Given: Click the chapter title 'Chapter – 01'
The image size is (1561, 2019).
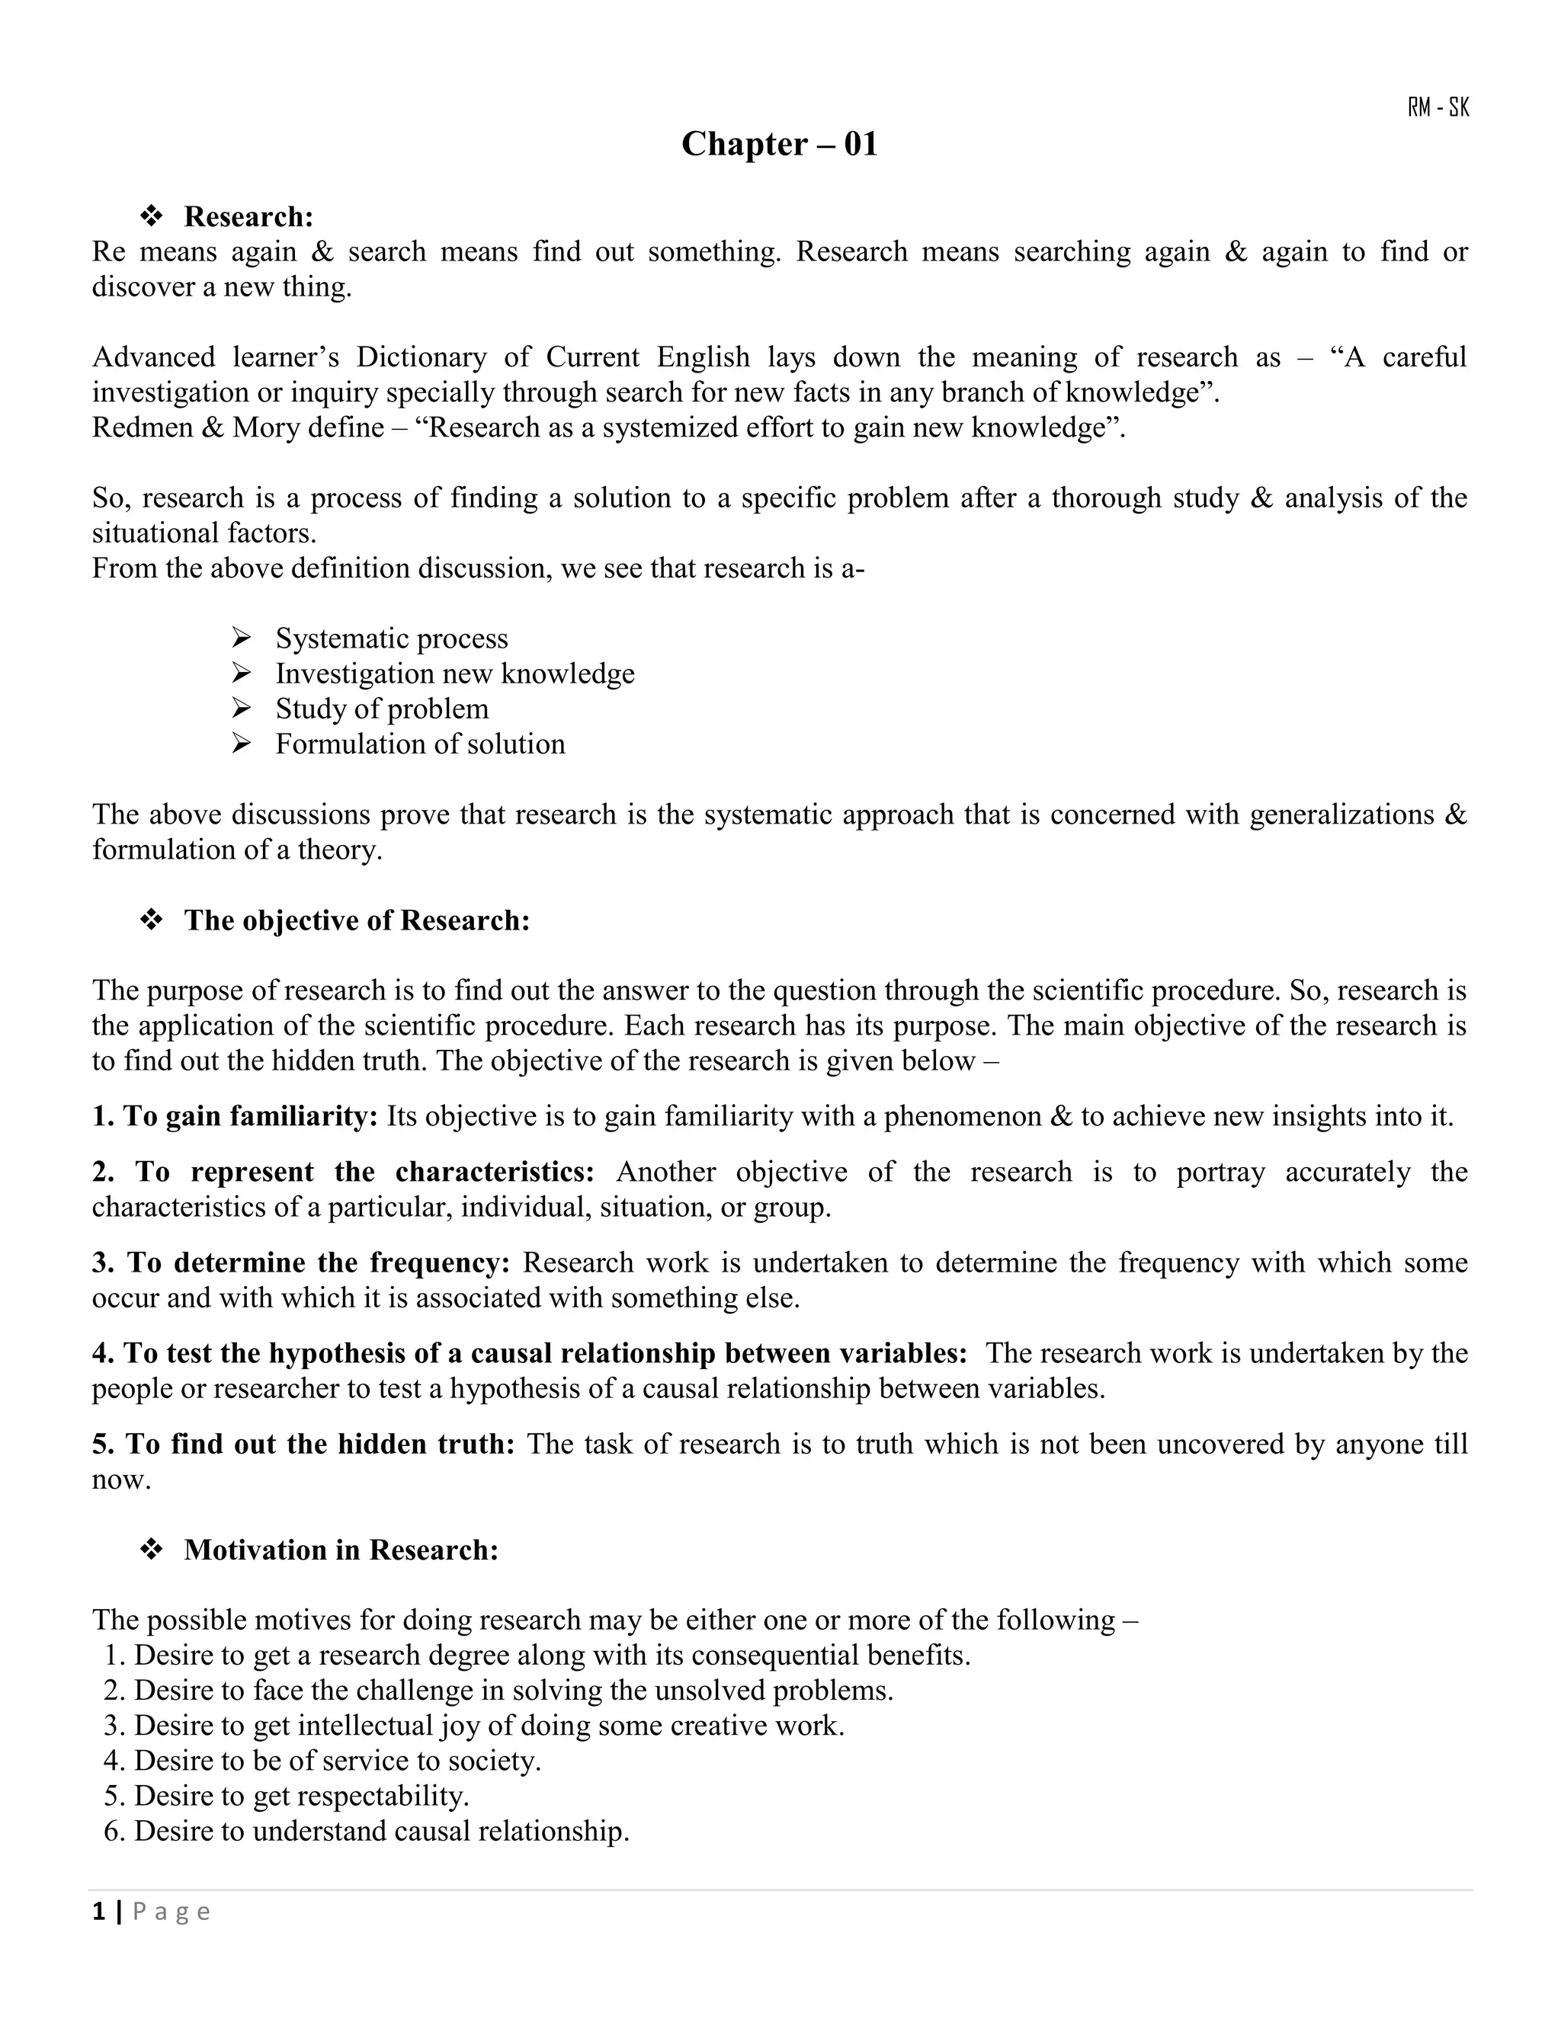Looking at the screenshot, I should coord(779,144).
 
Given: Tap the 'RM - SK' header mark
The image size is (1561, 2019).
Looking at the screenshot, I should coord(1438,108).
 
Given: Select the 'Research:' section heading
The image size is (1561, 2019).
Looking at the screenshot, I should coord(248,216).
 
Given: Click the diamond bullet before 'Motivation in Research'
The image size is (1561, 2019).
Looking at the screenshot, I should coord(152,1550).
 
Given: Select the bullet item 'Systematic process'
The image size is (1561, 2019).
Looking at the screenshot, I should coord(391,638).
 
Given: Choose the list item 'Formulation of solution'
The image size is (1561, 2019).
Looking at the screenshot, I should coord(420,744).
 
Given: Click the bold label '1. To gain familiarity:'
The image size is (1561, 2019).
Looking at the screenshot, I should coord(235,1116).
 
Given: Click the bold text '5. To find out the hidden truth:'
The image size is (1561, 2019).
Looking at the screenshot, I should coord(303,1443).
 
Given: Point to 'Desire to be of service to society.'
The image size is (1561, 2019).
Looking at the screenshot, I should coord(337,1760).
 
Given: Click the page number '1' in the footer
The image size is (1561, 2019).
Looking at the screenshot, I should coord(98,1912).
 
